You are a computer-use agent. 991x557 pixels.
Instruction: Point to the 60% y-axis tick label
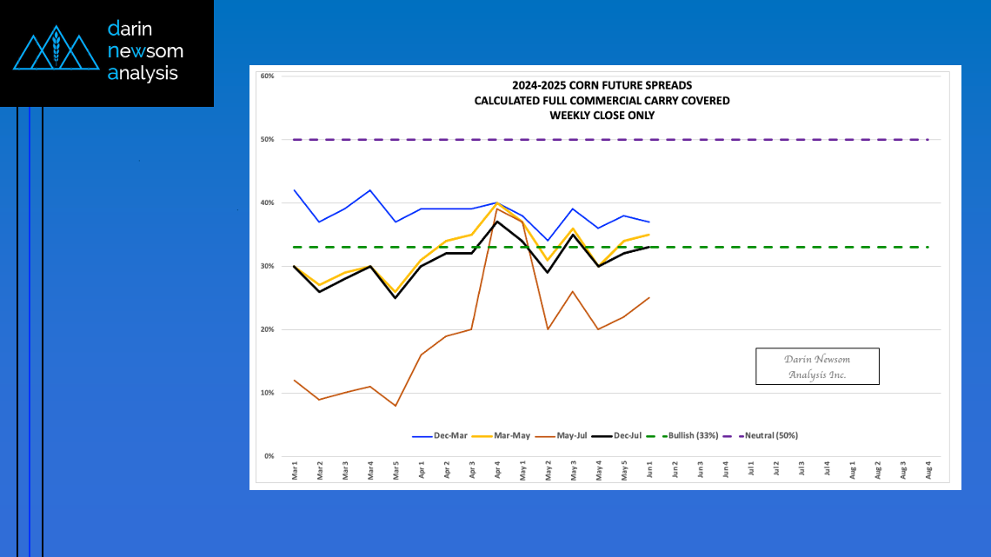[268, 76]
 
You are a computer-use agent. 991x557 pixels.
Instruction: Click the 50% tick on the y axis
[268, 140]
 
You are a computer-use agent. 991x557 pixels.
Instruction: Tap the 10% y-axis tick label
[268, 394]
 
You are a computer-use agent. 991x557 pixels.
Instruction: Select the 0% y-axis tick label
[269, 457]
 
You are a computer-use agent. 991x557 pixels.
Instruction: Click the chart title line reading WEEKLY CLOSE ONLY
[602, 115]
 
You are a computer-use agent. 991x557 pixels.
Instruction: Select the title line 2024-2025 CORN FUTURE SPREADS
[602, 85]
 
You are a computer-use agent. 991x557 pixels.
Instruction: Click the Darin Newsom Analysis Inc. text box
[816, 367]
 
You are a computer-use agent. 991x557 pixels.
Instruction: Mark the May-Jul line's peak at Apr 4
[497, 209]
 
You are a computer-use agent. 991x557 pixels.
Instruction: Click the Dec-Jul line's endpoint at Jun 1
[649, 248]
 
